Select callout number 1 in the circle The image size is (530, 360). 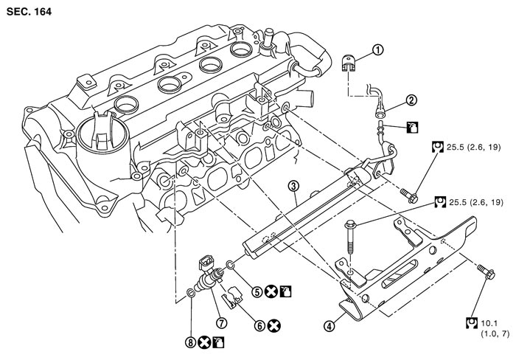(377, 51)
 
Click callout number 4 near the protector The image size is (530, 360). (327, 325)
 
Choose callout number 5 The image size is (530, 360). (256, 291)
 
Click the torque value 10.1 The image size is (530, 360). (488, 322)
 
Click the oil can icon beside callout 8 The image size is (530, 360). (219, 341)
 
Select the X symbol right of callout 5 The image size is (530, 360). (272, 291)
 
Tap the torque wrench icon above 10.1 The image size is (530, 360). (473, 322)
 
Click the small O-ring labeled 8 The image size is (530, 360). (192, 295)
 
